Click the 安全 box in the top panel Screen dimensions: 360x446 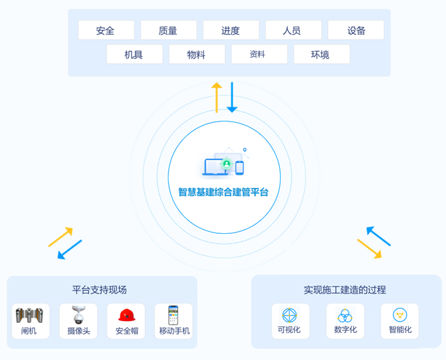pos(106,30)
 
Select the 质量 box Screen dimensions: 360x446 pos(168,30)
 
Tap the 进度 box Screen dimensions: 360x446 pos(231,30)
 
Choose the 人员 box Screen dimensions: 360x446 pos(293,30)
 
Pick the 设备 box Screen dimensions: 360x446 pos(356,30)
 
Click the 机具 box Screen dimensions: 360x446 pos(134,54)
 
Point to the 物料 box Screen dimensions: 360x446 pos(197,54)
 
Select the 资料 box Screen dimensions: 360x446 pos(258,54)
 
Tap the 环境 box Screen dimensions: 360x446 pos(321,54)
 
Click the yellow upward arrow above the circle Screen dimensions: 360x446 pos(217,97)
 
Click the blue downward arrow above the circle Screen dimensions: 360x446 pos(232,97)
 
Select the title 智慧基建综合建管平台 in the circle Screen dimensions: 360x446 pos(224,192)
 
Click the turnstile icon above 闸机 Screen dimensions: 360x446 pos(29,315)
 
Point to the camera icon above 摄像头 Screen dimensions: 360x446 pos(78,315)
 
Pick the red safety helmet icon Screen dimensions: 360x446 pos(127,315)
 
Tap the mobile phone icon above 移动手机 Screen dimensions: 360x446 pos(173,315)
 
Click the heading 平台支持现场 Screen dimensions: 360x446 pos(100,290)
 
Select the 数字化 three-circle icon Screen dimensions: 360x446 pos(345,315)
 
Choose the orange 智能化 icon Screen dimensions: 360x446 pos(399,315)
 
